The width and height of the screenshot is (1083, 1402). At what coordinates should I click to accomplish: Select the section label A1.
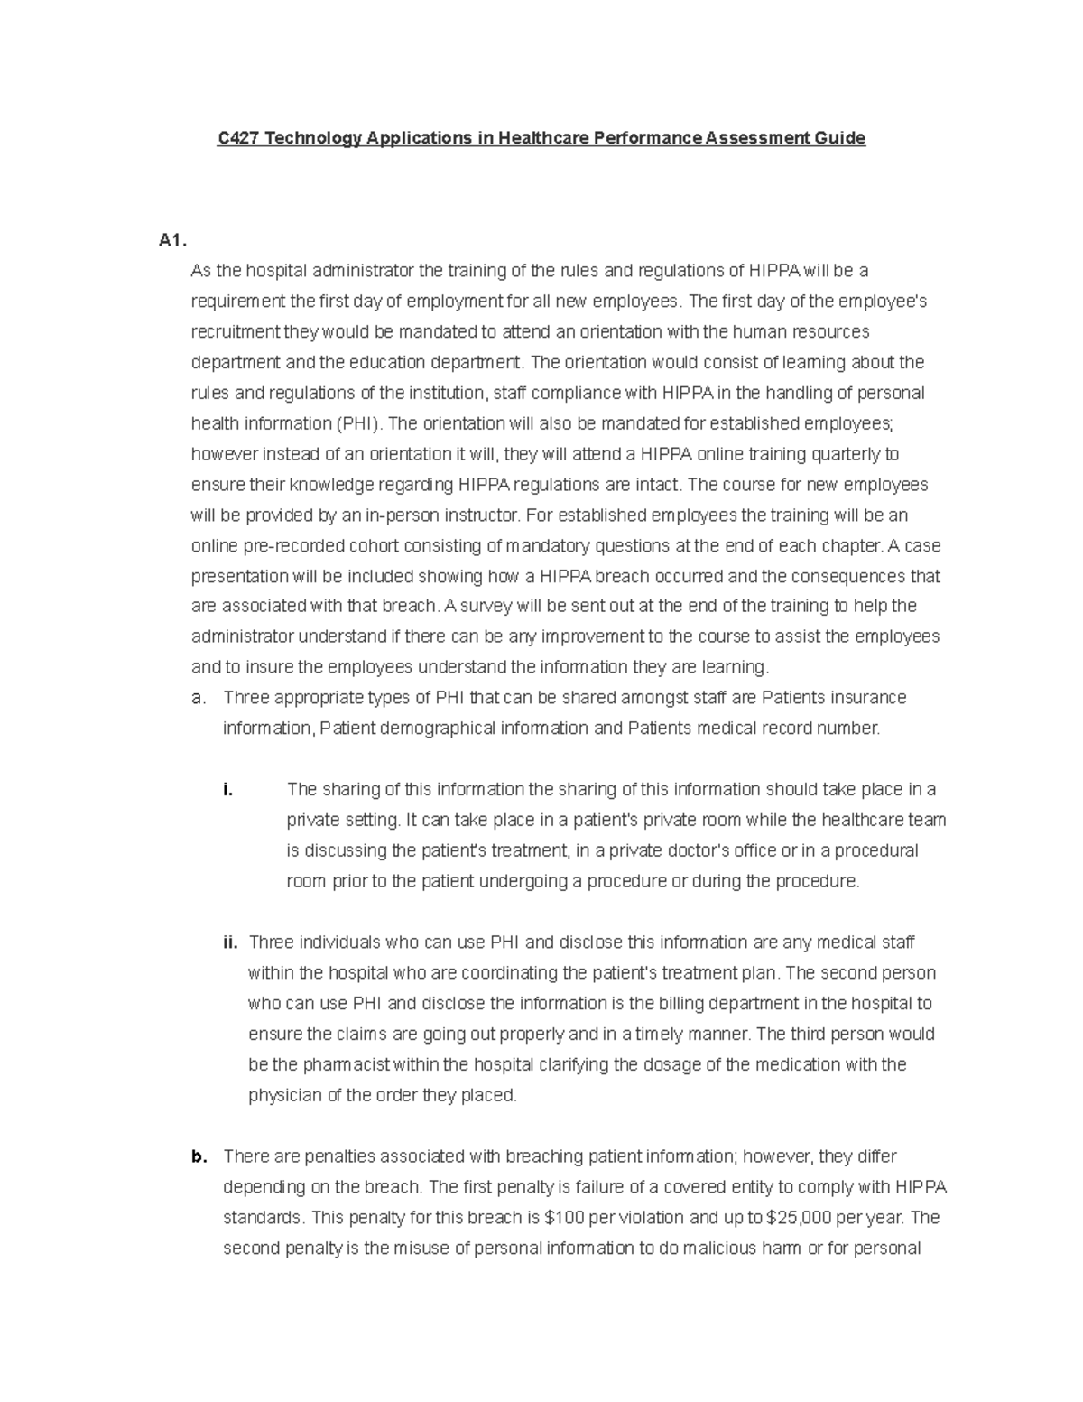point(171,240)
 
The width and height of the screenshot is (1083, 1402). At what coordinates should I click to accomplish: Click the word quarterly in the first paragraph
point(852,454)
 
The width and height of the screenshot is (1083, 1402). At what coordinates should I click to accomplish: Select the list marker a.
point(198,698)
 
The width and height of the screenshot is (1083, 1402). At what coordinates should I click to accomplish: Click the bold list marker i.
point(227,790)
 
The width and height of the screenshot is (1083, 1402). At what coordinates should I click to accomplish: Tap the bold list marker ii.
point(230,942)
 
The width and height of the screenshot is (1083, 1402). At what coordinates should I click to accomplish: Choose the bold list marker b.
point(199,1156)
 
